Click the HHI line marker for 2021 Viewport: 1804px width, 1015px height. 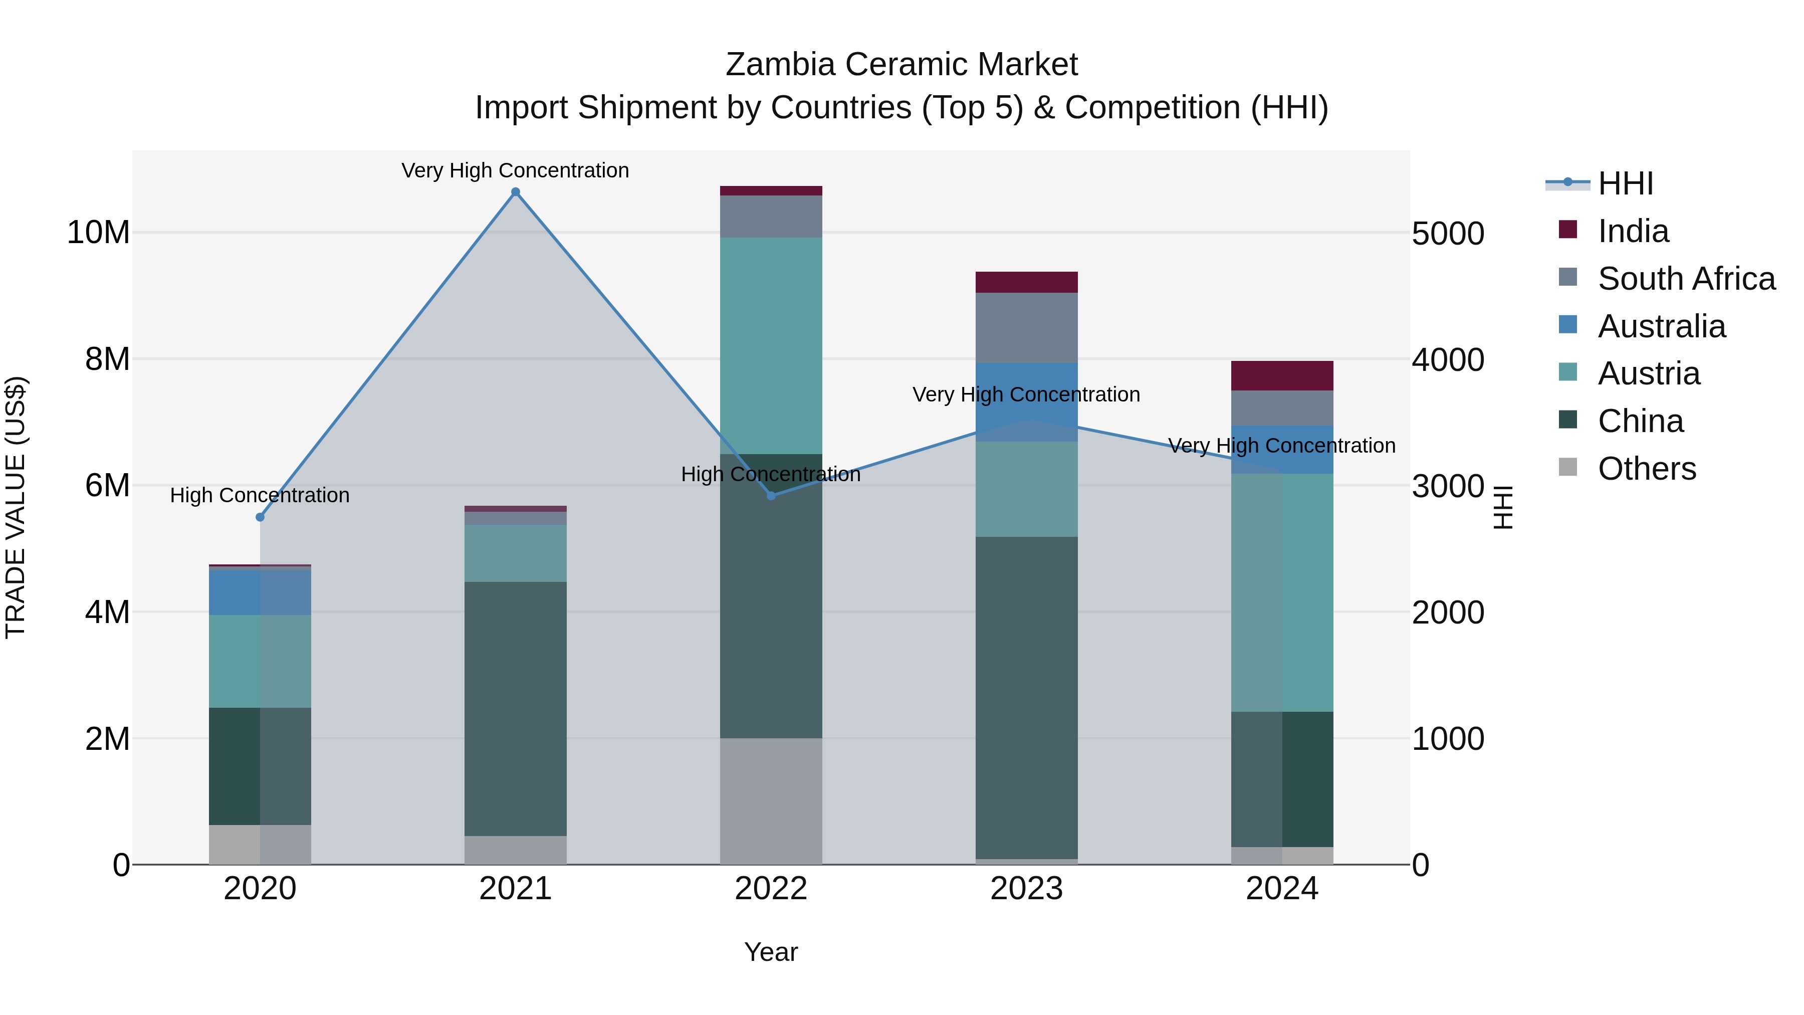point(516,192)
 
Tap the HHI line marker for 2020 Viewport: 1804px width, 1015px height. point(260,517)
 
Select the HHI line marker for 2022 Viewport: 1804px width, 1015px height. point(771,496)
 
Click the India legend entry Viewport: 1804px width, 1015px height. point(1633,231)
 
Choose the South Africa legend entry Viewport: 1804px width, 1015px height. point(1686,279)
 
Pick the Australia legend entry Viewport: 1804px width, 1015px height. point(1661,326)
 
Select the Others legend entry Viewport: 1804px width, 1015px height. point(1647,469)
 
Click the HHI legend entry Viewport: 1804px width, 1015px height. point(1625,183)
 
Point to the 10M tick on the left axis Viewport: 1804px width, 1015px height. point(98,233)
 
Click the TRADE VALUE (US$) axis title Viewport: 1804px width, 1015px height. point(16,507)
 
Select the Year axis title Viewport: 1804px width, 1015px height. point(771,952)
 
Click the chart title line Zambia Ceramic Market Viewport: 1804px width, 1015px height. point(901,65)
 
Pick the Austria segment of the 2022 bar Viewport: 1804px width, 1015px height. point(771,345)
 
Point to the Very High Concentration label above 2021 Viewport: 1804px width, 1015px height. point(516,170)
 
